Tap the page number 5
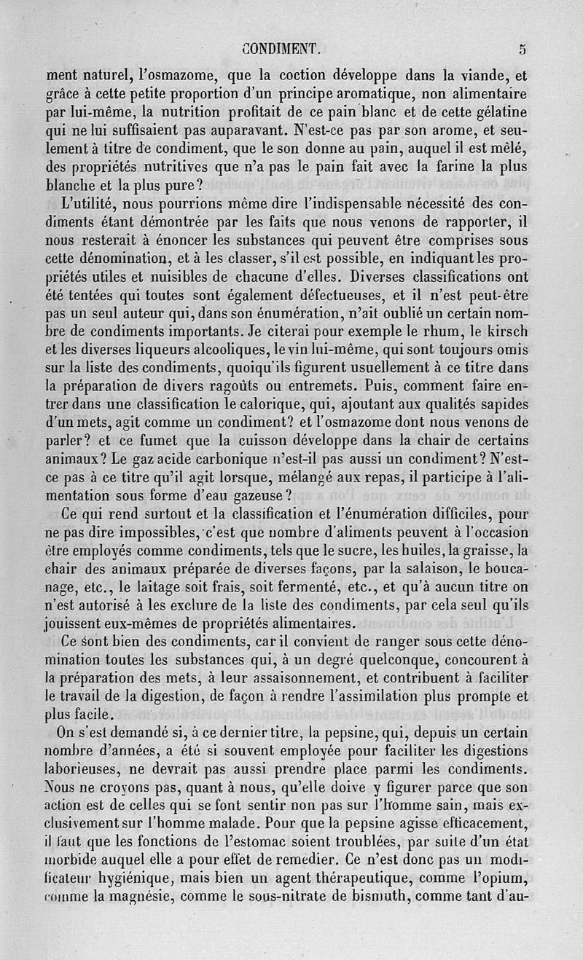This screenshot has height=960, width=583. [x=523, y=49]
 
